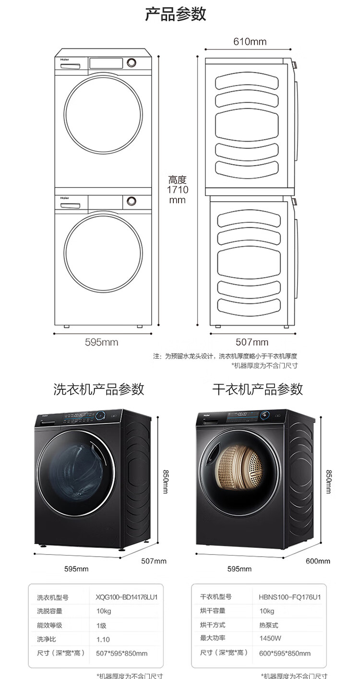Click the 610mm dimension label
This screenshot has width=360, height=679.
click(250, 41)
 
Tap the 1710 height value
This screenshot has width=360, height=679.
click(177, 190)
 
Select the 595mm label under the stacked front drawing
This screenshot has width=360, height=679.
click(101, 342)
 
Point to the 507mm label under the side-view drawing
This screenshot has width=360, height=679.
click(252, 342)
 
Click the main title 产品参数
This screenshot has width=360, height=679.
click(176, 14)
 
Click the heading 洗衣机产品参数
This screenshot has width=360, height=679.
click(99, 389)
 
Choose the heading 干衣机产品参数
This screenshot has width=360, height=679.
click(258, 389)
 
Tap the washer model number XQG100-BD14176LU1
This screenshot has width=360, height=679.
click(127, 597)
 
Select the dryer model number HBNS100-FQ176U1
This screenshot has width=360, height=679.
click(290, 597)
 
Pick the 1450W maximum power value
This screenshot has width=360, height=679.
click(270, 638)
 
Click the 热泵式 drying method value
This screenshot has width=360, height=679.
click(268, 625)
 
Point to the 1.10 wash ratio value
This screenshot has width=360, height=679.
click(103, 640)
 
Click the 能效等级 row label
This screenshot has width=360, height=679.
click(49, 625)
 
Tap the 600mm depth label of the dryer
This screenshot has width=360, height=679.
click(318, 561)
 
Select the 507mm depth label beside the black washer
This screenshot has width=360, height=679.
click(154, 561)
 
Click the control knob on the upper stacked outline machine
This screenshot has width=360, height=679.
click(132, 62)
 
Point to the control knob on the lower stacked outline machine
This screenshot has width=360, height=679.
click(132, 201)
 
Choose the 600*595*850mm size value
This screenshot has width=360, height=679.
click(285, 653)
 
